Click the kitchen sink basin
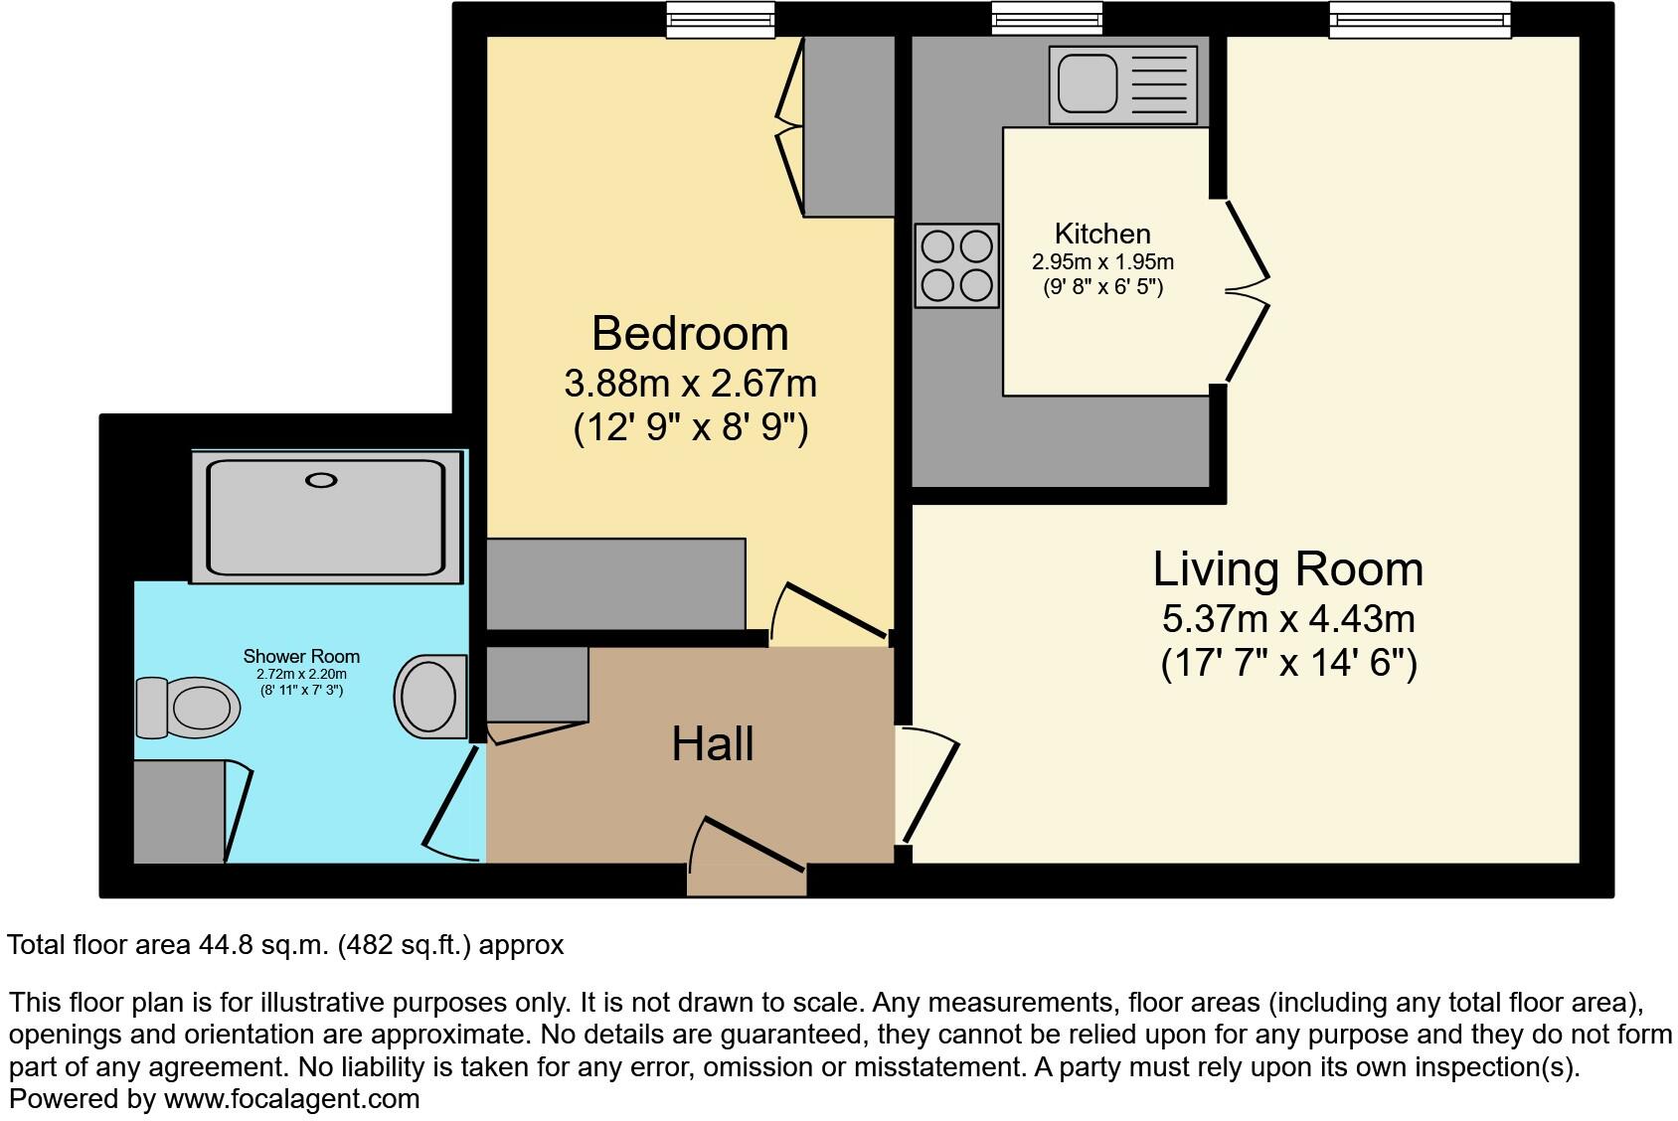click(1087, 83)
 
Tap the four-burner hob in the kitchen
click(956, 265)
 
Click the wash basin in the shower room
click(431, 697)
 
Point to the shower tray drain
click(321, 480)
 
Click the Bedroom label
click(690, 334)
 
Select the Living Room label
click(1287, 569)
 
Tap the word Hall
click(712, 744)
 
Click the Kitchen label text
click(1101, 234)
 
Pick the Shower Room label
click(301, 656)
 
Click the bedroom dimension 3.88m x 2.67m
click(690, 383)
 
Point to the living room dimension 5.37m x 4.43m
click(1287, 619)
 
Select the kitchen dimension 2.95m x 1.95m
click(1101, 262)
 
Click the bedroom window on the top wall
click(720, 20)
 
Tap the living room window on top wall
click(1420, 20)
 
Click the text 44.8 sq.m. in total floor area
click(262, 944)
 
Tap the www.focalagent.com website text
click(291, 1099)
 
